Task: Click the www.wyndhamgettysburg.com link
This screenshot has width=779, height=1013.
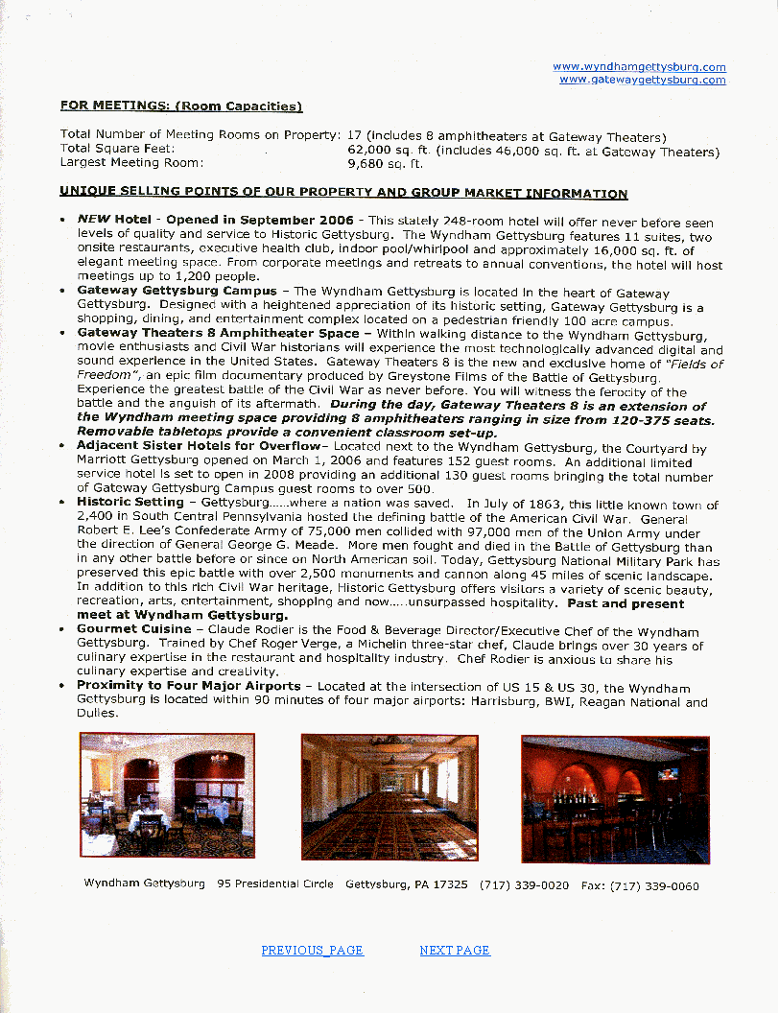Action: pos(639,67)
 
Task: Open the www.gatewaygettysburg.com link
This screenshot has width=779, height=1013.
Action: pos(642,80)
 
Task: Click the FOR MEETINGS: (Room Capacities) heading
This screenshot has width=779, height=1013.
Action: pos(181,106)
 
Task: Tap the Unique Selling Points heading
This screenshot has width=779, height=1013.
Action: pos(343,194)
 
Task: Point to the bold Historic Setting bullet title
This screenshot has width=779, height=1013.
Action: pos(130,502)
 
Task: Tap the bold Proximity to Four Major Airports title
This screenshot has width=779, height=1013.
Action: pos(189,686)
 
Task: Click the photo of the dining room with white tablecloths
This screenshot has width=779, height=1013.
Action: pos(167,795)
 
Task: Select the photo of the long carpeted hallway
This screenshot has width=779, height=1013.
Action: pos(389,797)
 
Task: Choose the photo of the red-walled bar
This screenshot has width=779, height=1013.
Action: pos(615,799)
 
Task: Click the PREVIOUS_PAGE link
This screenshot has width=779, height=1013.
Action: pos(312,951)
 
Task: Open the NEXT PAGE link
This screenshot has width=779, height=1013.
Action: pos(455,951)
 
